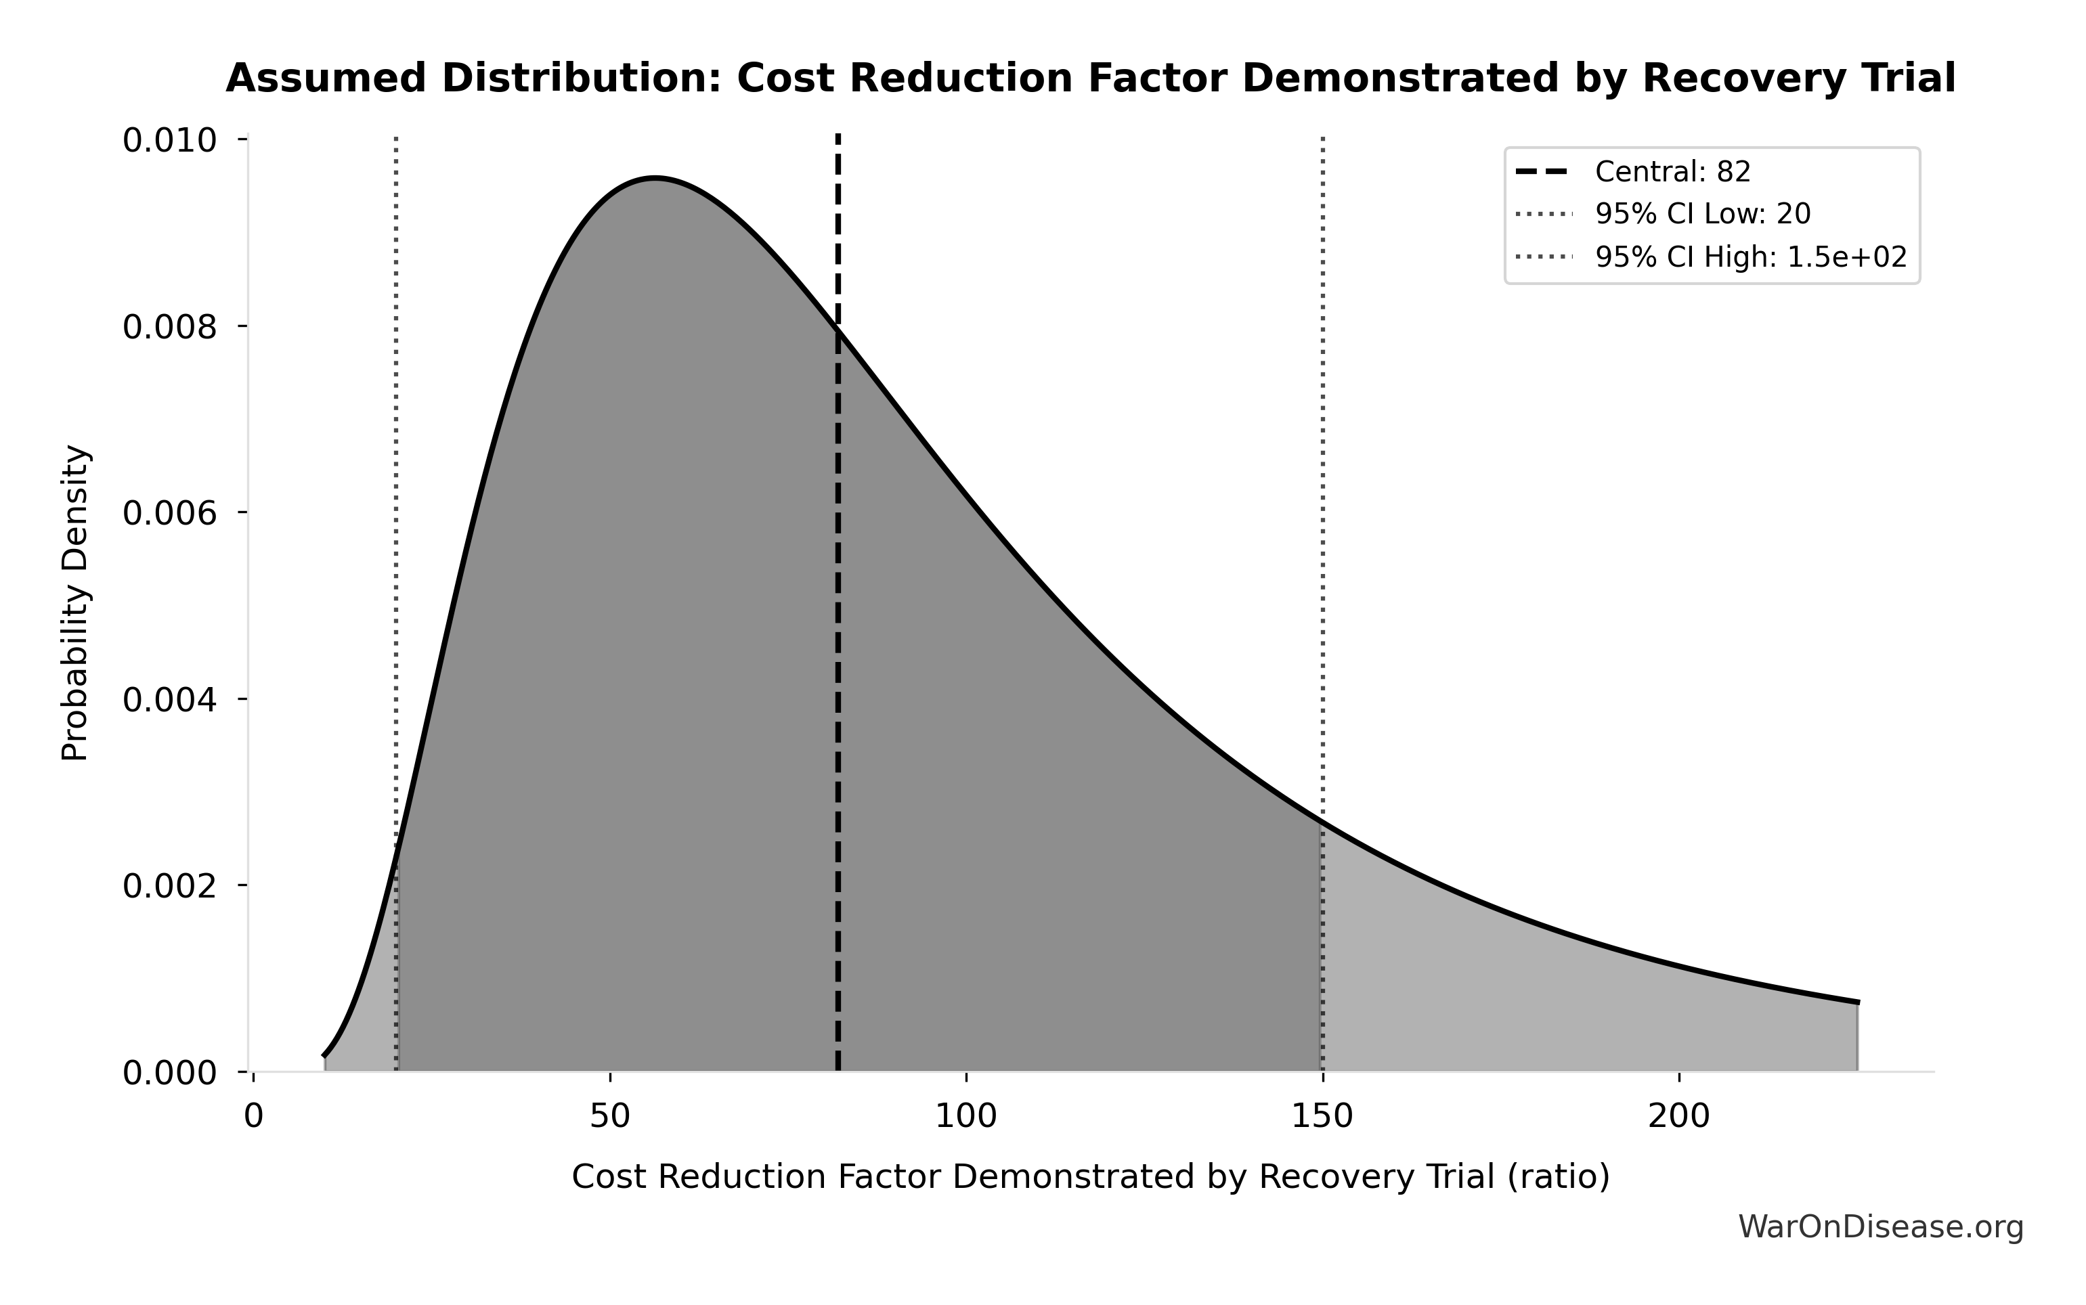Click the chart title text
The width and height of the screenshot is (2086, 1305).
[1090, 79]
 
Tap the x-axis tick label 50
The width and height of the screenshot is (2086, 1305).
[609, 1117]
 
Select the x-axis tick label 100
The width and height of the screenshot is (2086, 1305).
[965, 1117]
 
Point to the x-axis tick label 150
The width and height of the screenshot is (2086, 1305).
[1322, 1117]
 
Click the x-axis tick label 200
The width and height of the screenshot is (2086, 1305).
[1678, 1117]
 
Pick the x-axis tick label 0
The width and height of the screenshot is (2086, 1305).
[253, 1117]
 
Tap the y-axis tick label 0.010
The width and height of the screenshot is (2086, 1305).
[169, 140]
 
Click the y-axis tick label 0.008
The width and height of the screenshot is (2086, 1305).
[169, 326]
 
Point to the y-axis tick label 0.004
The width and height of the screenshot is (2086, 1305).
[169, 699]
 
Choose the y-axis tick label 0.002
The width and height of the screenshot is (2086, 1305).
[169, 885]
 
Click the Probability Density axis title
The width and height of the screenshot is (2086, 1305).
[75, 602]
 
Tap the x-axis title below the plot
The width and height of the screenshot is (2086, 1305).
[1090, 1177]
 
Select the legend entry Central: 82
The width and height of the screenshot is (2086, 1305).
[1672, 172]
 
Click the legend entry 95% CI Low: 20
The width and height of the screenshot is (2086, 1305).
[1702, 213]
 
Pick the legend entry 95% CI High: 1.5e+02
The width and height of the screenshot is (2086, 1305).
[1750, 257]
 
